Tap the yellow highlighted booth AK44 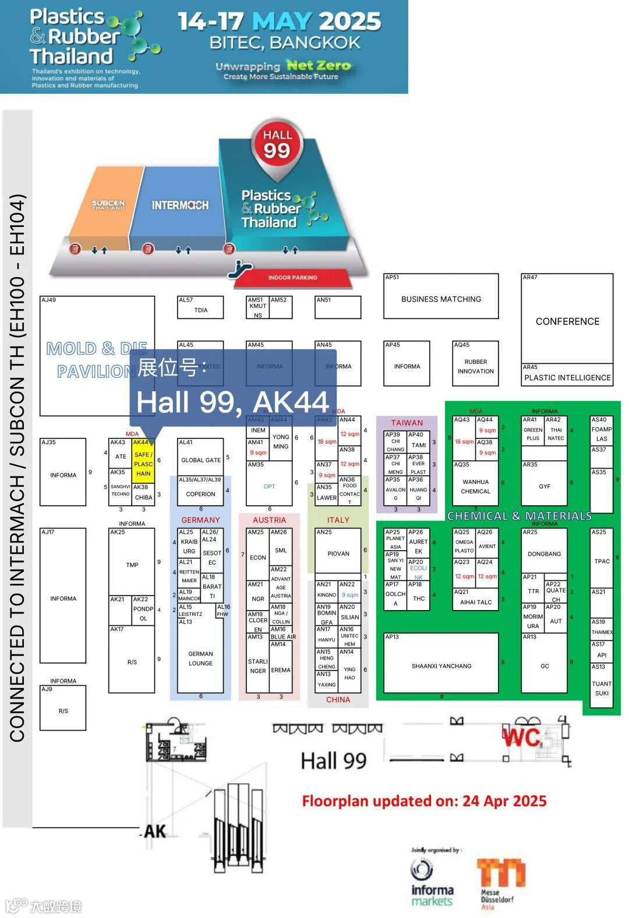coord(143,464)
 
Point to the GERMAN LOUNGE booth coord(200,658)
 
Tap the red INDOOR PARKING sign coord(292,278)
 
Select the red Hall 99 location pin coord(277,146)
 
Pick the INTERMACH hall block coord(180,205)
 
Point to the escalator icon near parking coord(239,267)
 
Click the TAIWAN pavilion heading coord(407,423)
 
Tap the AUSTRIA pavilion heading coord(269,520)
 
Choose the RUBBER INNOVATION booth coord(475,366)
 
